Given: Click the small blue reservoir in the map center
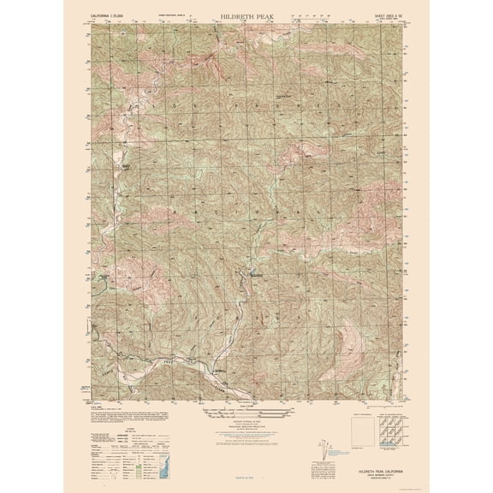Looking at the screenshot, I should click(254, 275).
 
